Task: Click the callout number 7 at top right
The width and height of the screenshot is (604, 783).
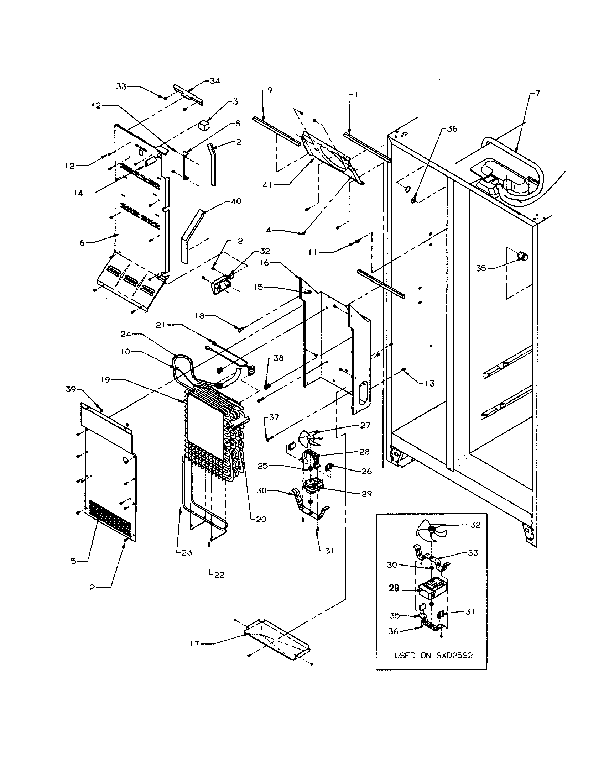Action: click(537, 94)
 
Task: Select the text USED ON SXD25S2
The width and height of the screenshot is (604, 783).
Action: click(433, 656)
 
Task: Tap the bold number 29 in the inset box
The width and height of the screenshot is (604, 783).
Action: click(394, 588)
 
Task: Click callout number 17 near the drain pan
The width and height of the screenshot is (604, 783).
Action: click(194, 643)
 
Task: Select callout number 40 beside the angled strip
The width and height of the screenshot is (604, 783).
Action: click(236, 201)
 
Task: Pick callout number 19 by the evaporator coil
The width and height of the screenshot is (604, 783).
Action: click(105, 380)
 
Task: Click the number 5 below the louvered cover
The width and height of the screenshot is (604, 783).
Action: click(73, 561)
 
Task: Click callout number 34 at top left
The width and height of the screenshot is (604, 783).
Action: click(214, 81)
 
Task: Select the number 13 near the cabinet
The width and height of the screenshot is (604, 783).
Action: click(430, 384)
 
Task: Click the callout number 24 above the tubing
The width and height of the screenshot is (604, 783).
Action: click(125, 334)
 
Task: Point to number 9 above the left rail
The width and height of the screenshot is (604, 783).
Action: click(270, 90)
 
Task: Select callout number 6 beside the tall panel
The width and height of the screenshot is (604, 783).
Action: click(82, 243)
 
